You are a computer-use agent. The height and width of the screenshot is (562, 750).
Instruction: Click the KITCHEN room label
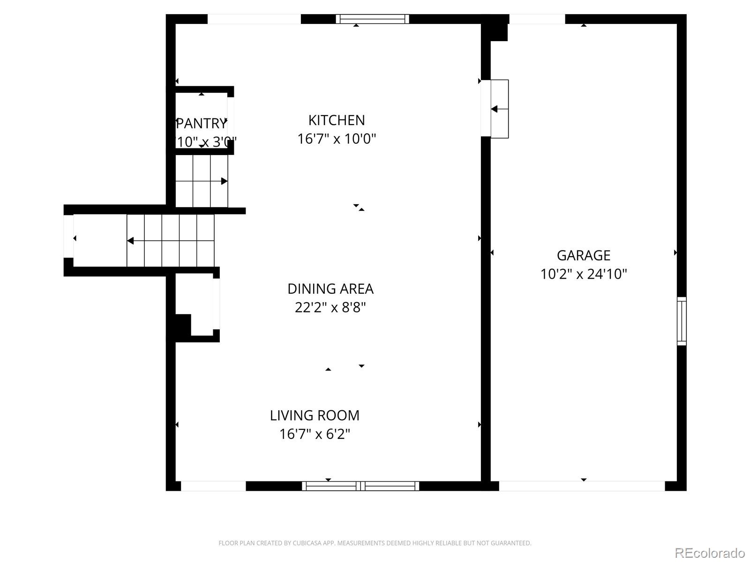[336, 120]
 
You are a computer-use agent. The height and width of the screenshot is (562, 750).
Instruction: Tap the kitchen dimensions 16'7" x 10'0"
[336, 139]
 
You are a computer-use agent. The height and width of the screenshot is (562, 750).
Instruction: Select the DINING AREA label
[330, 289]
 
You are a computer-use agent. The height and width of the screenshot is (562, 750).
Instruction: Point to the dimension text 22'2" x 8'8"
[330, 308]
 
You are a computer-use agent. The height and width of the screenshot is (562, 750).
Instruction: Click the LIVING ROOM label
[315, 415]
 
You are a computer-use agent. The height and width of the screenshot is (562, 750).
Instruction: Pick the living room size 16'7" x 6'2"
[315, 434]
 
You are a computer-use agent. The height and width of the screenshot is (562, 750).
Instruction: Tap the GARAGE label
[583, 255]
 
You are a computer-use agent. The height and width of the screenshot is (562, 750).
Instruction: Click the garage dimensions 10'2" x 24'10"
[583, 274]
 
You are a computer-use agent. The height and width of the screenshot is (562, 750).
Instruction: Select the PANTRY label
[202, 124]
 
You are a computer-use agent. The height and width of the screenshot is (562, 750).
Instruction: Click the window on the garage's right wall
[682, 321]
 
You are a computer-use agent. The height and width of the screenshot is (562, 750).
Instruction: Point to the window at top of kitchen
[372, 19]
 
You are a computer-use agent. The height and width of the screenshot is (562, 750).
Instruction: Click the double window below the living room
[360, 486]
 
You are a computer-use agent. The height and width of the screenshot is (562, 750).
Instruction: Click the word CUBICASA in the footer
[306, 543]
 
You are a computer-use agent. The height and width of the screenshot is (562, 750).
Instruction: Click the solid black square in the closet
[183, 325]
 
